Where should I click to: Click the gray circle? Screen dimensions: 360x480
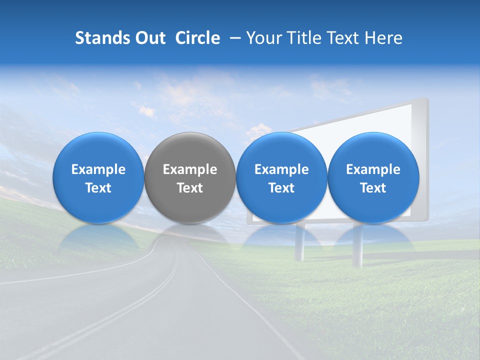(190, 177)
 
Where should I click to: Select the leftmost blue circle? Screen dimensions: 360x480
(98, 177)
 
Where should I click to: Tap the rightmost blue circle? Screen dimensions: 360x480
(373, 177)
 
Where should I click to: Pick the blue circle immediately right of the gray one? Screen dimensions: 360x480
(281, 177)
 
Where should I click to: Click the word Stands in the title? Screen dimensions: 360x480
(100, 38)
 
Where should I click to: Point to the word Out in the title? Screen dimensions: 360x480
(148, 38)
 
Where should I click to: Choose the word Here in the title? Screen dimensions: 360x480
(382, 38)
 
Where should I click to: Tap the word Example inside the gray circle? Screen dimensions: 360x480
(190, 169)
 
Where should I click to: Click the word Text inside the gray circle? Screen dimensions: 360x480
(190, 188)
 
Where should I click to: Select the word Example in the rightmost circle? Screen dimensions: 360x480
(373, 169)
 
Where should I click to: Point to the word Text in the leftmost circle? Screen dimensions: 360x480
(98, 188)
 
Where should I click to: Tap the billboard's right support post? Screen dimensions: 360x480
(357, 247)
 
